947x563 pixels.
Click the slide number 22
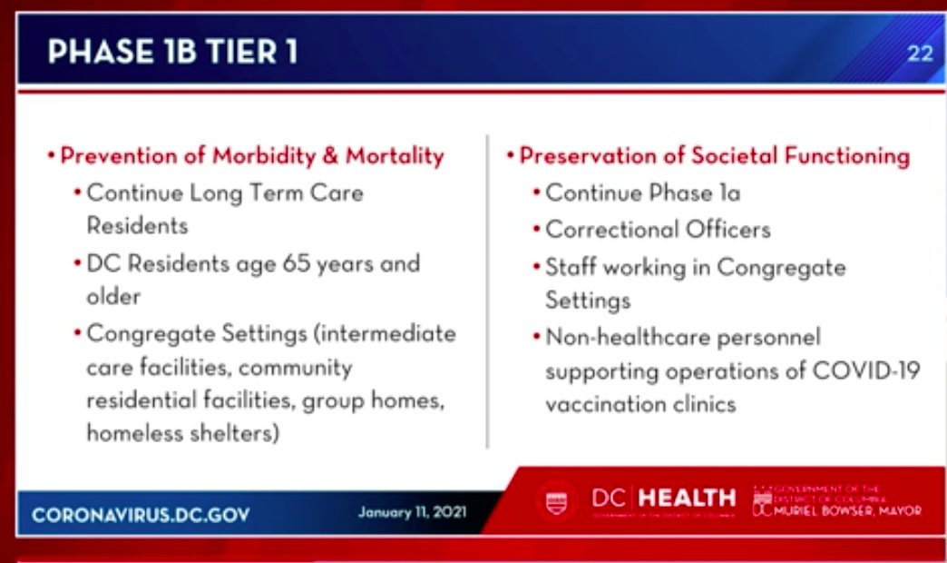(x=920, y=53)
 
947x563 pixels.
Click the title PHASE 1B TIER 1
(x=172, y=52)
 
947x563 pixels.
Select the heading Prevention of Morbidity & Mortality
(x=252, y=156)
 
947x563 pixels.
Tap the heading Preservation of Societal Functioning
(x=714, y=156)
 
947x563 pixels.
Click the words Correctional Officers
(x=658, y=230)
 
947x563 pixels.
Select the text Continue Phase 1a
(x=643, y=193)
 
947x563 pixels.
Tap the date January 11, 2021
(x=412, y=512)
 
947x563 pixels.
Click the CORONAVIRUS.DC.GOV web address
(x=141, y=515)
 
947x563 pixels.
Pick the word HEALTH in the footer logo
(x=687, y=498)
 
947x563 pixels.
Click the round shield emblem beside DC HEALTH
(x=556, y=500)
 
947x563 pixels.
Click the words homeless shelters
(x=181, y=433)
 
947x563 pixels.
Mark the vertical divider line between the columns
(x=488, y=291)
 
